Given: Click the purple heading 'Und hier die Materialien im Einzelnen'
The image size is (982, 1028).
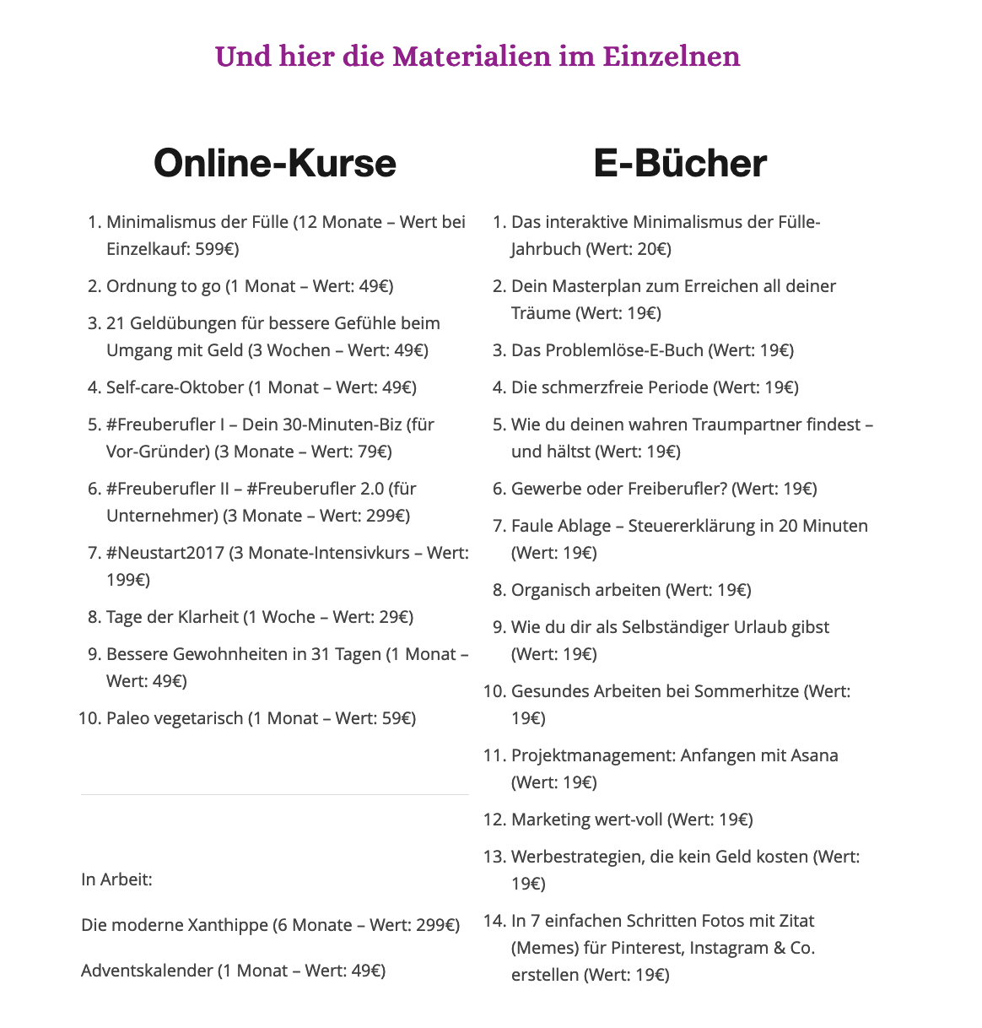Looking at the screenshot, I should coord(478,57).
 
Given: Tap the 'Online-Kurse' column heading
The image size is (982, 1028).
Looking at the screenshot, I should coord(274,163).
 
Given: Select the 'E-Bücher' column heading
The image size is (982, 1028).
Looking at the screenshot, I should coord(680,163).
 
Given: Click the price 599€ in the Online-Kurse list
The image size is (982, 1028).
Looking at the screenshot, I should coord(217,249).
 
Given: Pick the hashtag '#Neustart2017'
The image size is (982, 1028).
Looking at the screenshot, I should coord(165,553).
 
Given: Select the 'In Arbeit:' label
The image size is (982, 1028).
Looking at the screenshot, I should coord(116,879).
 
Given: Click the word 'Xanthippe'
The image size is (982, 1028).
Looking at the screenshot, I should coord(228,925).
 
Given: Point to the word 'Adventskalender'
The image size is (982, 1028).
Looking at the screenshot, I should coord(147,971).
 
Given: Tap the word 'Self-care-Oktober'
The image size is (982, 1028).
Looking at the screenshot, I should coord(175,387).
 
